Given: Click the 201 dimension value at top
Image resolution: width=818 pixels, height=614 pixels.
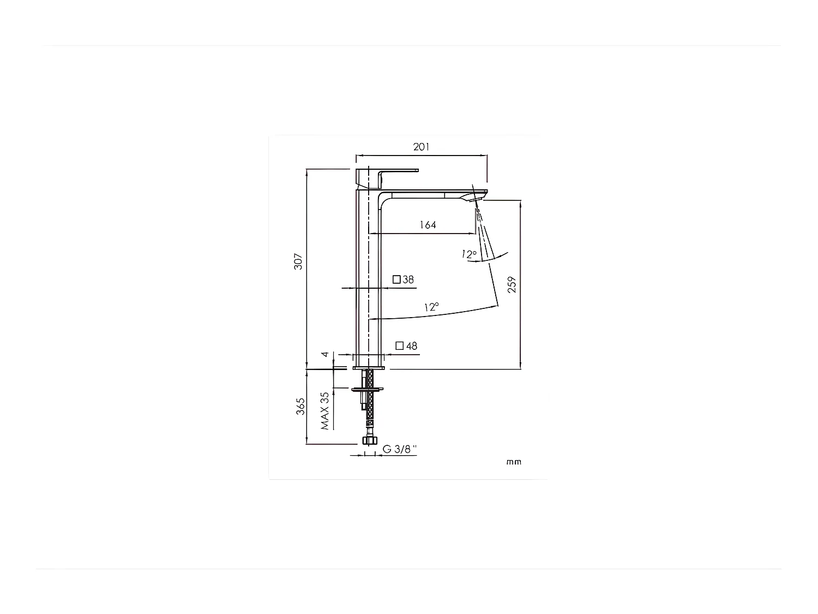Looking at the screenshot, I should point(421,147).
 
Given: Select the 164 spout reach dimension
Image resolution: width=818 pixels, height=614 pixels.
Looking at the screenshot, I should point(428,225).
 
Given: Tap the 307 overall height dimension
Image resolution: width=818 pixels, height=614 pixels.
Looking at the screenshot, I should point(298,262).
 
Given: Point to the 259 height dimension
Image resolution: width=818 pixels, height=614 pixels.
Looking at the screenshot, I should point(512,284).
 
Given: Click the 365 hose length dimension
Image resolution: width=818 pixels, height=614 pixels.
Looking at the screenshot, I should point(300,407).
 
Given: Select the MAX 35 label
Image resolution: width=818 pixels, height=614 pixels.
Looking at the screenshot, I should point(325,410).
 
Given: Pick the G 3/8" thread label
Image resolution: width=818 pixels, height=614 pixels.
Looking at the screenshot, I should point(399,449).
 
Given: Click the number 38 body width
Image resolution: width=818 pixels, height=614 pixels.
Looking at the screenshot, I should point(408,280).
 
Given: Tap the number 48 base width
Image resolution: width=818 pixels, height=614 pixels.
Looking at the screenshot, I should point(412,346).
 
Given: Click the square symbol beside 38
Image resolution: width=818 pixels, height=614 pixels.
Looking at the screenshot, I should point(397,279).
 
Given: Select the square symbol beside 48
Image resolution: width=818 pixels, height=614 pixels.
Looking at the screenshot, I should point(400,345).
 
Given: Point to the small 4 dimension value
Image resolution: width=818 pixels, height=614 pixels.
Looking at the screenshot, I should point(326,355).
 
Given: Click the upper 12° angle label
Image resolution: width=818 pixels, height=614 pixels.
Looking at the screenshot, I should point(468,254).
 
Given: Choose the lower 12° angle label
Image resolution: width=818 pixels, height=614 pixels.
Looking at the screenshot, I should point(431,307).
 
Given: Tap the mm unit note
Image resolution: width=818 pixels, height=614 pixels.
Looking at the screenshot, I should point(514,462).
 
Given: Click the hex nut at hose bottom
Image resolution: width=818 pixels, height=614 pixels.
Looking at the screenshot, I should point(370,441).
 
